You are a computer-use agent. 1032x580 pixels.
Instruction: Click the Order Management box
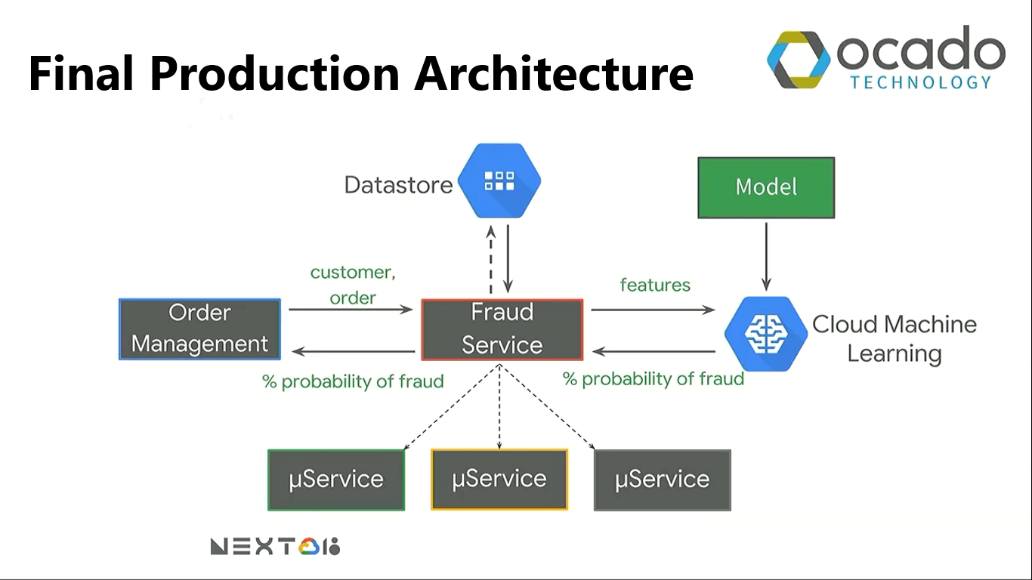tap(199, 329)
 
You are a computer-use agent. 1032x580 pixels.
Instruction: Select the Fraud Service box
tap(502, 329)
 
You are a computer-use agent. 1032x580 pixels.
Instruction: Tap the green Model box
tap(766, 187)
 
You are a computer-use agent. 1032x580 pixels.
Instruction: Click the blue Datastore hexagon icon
tap(499, 181)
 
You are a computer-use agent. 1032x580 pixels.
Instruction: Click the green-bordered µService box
tap(336, 480)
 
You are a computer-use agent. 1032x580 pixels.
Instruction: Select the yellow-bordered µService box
tap(499, 480)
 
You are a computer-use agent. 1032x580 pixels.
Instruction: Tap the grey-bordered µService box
tap(663, 480)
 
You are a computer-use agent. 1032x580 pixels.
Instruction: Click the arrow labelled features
tap(652, 309)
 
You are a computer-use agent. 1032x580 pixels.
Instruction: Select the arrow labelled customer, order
tap(351, 309)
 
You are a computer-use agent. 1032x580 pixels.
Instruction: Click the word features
tap(655, 285)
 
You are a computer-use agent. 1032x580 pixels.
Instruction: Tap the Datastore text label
tap(398, 184)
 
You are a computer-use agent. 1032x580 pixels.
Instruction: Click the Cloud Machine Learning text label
tap(895, 338)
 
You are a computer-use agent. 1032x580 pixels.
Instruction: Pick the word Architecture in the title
tap(554, 73)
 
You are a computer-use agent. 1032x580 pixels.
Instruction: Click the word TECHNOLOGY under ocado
tap(920, 82)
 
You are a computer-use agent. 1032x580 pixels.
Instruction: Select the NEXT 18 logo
tap(275, 546)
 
